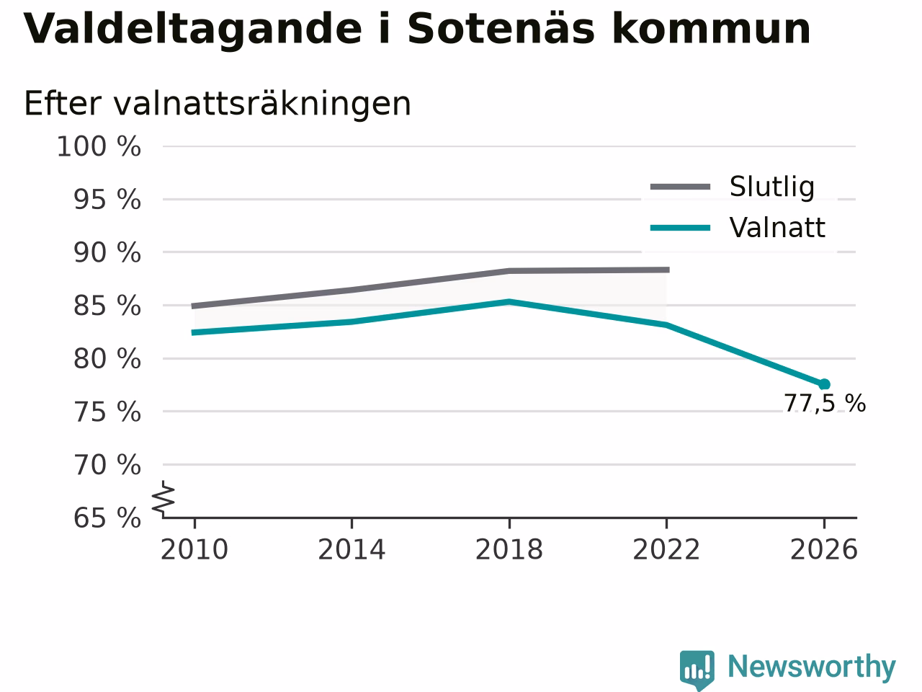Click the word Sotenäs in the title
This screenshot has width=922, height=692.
[501, 29]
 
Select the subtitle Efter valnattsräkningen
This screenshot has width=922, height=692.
[218, 104]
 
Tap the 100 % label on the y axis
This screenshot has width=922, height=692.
[99, 146]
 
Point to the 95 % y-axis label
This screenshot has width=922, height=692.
[107, 200]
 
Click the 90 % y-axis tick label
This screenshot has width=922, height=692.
[107, 252]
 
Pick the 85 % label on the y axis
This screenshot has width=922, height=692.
[107, 306]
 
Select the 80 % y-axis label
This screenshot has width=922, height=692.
[107, 359]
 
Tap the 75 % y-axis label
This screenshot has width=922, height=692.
[107, 412]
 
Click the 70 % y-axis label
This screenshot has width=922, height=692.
[107, 465]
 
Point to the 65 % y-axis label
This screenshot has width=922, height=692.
[107, 518]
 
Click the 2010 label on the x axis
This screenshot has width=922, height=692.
[194, 549]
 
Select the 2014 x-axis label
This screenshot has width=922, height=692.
[352, 549]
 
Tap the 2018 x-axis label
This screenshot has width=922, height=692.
[509, 549]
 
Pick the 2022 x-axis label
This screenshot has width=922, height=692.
[666, 549]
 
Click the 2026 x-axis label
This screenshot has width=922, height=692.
[824, 549]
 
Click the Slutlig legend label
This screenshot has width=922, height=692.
[772, 187]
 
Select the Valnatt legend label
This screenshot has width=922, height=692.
[777, 228]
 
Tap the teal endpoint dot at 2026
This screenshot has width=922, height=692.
[824, 384]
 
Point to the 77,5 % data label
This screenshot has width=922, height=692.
[825, 404]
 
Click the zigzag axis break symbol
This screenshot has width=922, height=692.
[164, 499]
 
